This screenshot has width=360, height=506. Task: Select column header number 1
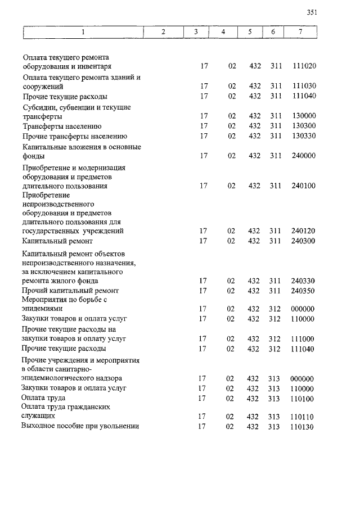[83, 32]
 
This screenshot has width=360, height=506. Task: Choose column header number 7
[300, 32]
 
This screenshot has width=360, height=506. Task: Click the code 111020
[304, 66]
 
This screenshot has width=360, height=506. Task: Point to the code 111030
[304, 87]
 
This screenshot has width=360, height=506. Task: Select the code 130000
[304, 116]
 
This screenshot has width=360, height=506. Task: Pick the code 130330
[304, 136]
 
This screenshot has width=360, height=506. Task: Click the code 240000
[304, 156]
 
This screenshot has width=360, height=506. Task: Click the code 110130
[302, 427]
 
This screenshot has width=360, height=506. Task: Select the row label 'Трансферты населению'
[62, 126]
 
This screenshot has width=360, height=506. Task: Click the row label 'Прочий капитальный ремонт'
[70, 291]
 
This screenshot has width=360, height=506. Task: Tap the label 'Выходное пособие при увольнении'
[80, 426]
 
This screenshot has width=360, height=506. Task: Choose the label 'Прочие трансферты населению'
[75, 136]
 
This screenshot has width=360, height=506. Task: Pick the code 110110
[302, 417]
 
